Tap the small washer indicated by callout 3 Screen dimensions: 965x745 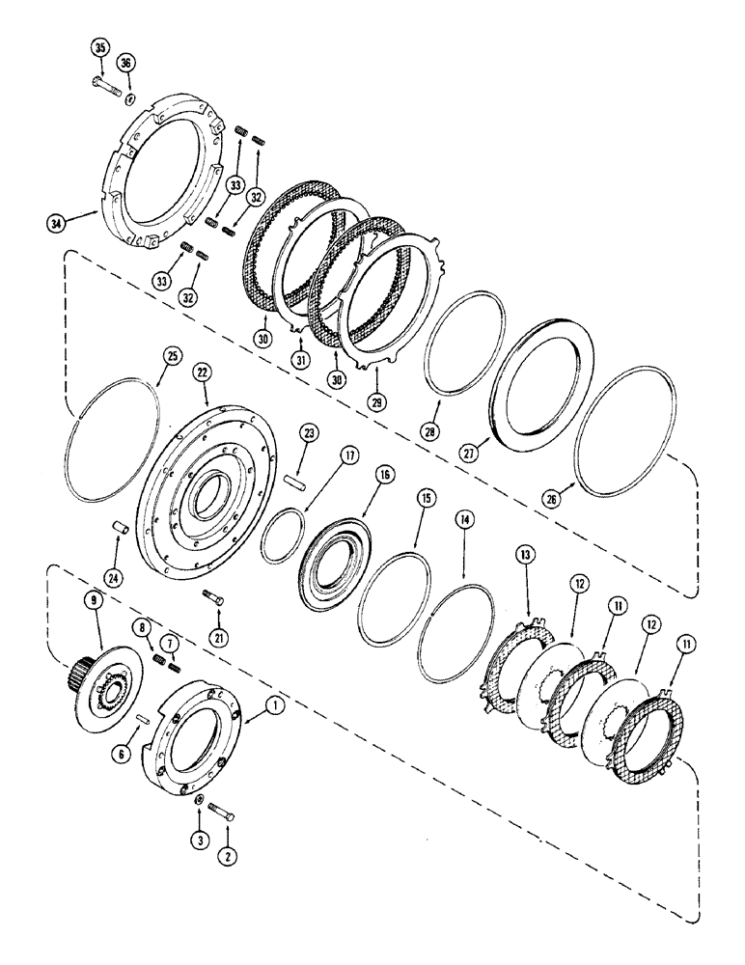click(x=198, y=802)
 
